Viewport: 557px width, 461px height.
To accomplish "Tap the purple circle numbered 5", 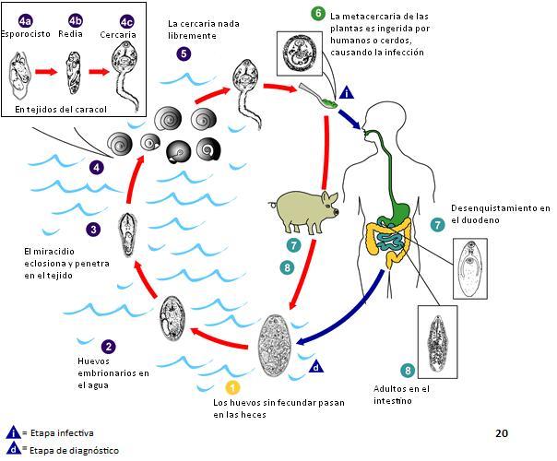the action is coord(184,54).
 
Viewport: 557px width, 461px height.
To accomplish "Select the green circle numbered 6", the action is coord(318,14).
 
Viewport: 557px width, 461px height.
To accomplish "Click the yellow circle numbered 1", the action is coord(232,387).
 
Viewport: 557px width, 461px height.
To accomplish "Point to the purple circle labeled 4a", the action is coord(25,21).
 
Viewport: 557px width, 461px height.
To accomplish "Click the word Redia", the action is coord(70,34).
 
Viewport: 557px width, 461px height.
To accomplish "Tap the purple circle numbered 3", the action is coord(93,230).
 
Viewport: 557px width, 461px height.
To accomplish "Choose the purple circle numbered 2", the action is coord(108,347).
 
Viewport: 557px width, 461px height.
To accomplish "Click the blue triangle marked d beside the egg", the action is coord(316,367).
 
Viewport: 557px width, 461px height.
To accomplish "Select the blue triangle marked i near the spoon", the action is coord(347,93).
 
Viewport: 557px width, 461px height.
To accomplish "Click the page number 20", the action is coord(502,433).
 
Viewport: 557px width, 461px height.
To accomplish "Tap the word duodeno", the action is coord(481,220).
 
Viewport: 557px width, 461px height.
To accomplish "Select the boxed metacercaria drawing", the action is coord(300,53).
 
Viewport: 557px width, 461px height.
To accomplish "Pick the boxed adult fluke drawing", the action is coord(437,342).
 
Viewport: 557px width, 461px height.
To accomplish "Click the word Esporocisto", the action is coord(25,34).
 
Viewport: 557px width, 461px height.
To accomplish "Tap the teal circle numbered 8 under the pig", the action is coord(287,267).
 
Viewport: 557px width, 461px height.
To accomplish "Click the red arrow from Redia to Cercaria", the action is coord(100,72).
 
